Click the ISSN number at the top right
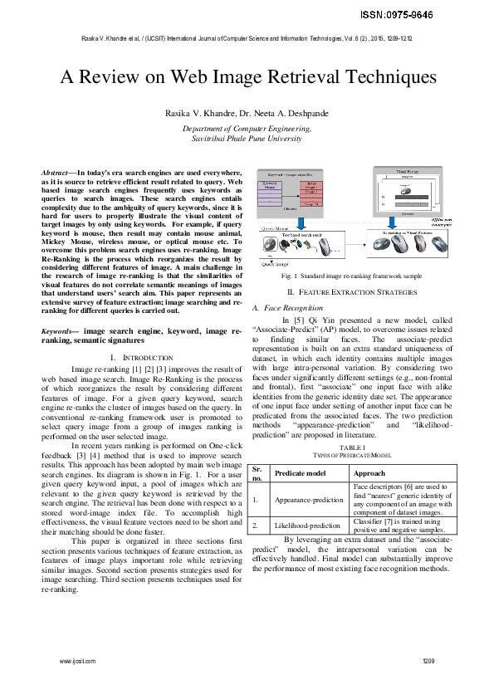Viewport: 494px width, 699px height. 444,15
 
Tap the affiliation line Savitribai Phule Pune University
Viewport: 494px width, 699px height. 247,140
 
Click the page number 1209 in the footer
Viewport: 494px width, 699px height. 428,660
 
